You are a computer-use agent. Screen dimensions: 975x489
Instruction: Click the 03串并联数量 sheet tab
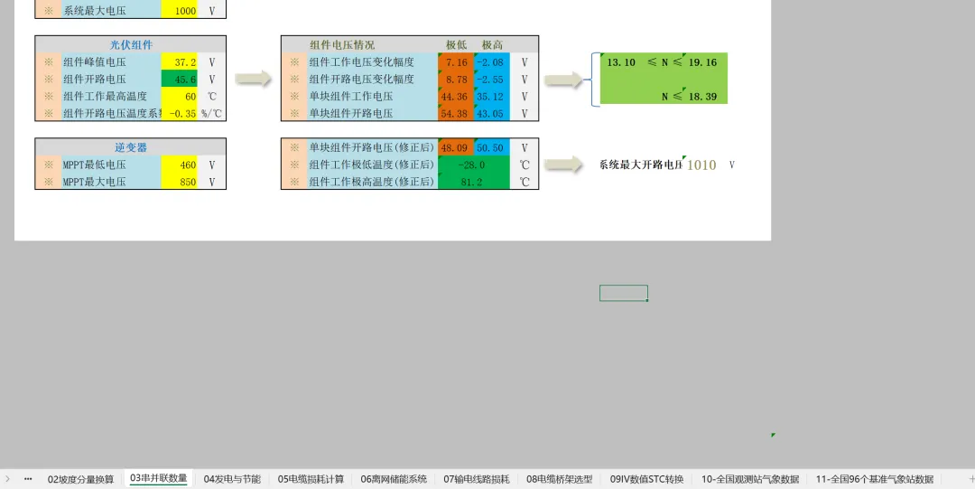[159, 478]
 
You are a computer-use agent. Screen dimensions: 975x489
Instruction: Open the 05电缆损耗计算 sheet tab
[311, 479]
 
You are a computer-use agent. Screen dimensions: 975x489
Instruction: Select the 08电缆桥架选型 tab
[560, 479]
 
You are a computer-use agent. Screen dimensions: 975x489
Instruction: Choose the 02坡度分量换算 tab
[81, 479]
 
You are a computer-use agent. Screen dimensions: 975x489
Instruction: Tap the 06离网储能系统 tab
[394, 479]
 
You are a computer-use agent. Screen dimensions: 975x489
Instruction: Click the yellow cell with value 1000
[180, 11]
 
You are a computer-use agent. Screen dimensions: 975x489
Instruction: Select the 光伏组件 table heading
[131, 44]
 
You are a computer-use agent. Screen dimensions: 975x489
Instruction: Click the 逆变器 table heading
[131, 147]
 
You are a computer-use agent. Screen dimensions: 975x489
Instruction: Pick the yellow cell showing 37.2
[180, 62]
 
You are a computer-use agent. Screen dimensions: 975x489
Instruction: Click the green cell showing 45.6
[180, 80]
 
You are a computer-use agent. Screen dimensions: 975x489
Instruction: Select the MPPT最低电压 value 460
[180, 165]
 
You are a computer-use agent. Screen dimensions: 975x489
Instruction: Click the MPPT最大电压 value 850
[180, 182]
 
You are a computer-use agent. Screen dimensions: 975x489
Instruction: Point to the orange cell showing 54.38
[455, 114]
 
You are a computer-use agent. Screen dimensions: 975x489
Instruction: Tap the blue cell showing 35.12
[491, 97]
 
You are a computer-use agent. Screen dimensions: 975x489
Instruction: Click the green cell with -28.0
[473, 165]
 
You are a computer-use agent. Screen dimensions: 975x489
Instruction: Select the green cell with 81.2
[473, 182]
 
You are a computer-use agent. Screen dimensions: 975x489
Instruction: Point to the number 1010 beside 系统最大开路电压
[701, 165]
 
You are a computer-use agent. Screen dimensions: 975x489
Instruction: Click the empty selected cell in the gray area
[623, 293]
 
